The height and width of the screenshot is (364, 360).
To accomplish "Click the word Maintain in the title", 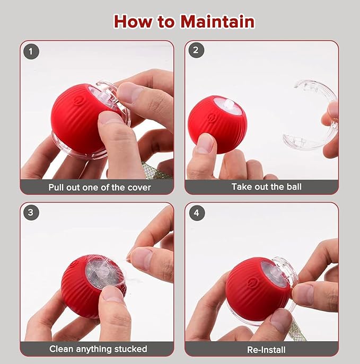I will (217, 22).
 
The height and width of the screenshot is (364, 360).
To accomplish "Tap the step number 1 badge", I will (31, 51).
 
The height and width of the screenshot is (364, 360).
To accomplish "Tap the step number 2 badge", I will (196, 51).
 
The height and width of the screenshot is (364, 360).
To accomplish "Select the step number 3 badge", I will (31, 213).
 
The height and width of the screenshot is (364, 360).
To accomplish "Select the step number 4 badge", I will (196, 213).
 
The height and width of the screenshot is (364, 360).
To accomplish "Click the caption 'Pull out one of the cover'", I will (99, 187).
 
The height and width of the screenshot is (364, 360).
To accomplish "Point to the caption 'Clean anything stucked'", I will (98, 349).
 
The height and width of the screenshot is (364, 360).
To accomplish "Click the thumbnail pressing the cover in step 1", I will (127, 93).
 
